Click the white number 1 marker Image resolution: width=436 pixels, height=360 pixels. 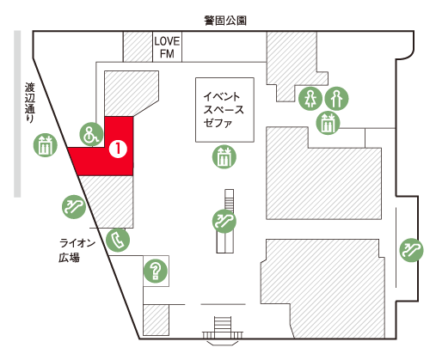pyautogui.click(x=118, y=149)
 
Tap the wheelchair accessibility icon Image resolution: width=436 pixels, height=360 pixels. pyautogui.click(x=91, y=134)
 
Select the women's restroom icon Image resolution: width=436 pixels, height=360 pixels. pyautogui.click(x=310, y=99)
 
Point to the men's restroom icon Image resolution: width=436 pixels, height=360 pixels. pyautogui.click(x=336, y=99)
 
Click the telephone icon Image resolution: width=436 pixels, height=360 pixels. pyautogui.click(x=118, y=240)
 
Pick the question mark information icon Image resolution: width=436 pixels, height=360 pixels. pyautogui.click(x=156, y=271)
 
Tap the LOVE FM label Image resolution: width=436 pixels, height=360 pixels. pyautogui.click(x=167, y=47)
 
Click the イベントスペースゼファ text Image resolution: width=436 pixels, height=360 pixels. pyautogui.click(x=224, y=110)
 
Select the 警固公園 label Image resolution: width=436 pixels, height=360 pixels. pyautogui.click(x=225, y=21)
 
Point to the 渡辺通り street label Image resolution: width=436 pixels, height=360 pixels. pyautogui.click(x=29, y=103)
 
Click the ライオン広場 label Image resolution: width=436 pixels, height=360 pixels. pyautogui.click(x=77, y=251)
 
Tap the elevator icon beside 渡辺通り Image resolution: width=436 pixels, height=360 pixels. pyautogui.click(x=46, y=145)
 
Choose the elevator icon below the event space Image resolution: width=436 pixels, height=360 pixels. pyautogui.click(x=224, y=156)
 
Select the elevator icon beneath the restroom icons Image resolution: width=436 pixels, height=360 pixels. pyautogui.click(x=328, y=123)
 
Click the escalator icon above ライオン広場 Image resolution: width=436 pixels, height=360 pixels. pyautogui.click(x=74, y=207)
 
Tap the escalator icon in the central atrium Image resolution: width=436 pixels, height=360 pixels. pyautogui.click(x=224, y=221)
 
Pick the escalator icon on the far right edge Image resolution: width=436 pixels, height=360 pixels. pyautogui.click(x=411, y=250)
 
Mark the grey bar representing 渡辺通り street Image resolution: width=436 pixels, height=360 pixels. pyautogui.click(x=17, y=114)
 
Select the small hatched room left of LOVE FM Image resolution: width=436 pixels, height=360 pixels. pyautogui.click(x=138, y=46)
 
